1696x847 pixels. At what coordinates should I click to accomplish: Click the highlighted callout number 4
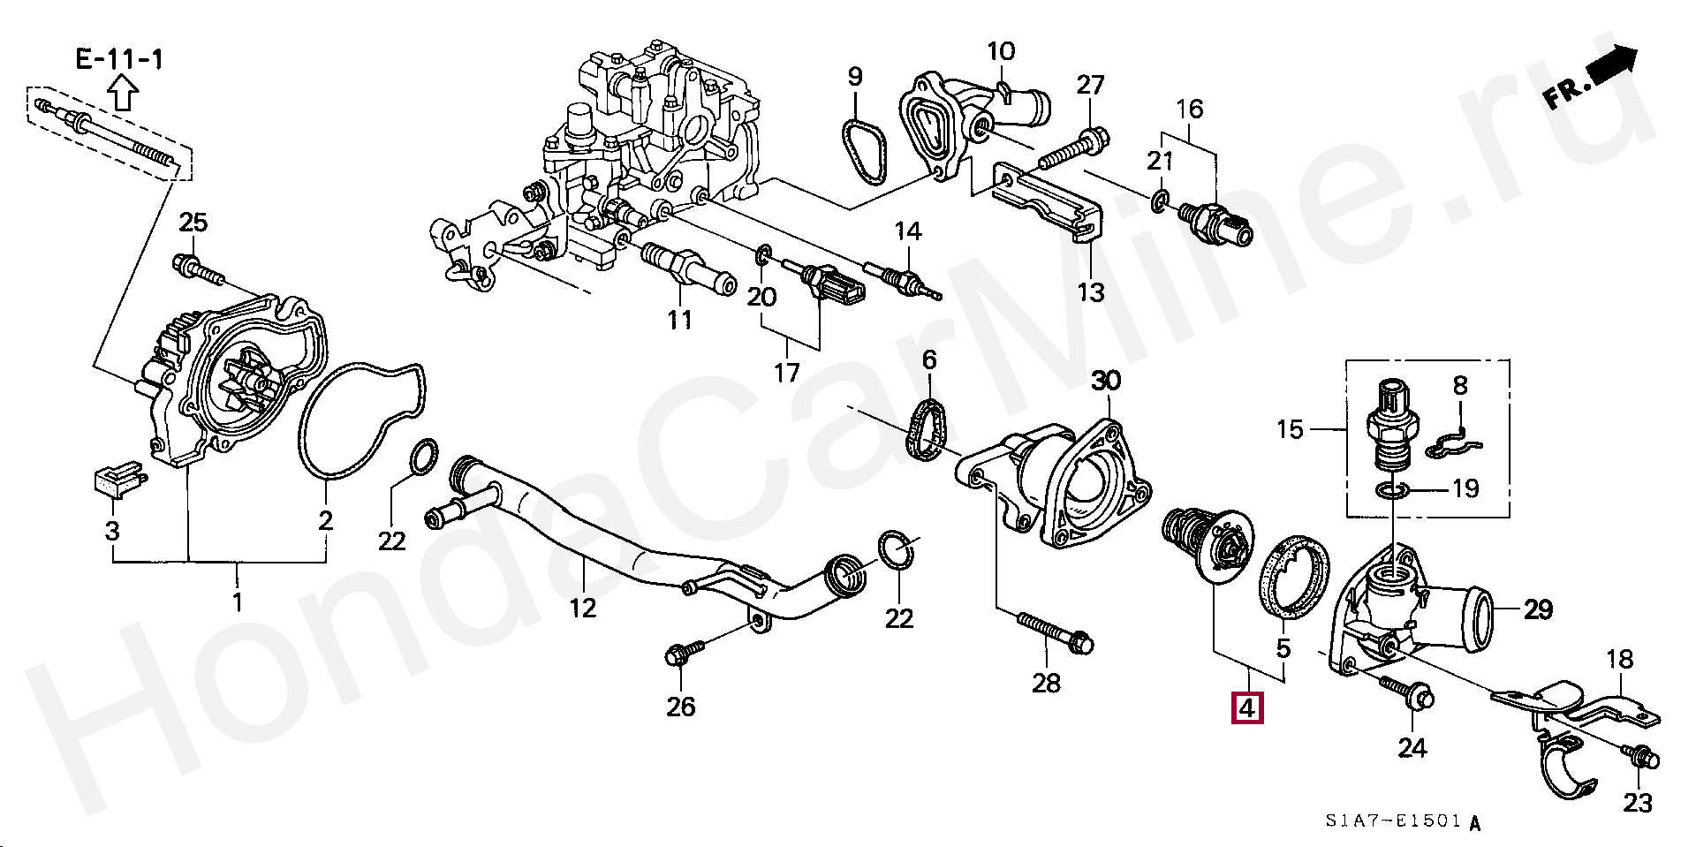(1246, 707)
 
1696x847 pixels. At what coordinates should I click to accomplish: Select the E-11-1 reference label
(119, 59)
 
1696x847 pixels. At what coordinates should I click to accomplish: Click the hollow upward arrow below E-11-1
(122, 91)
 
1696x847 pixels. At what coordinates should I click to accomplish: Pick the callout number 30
(1105, 381)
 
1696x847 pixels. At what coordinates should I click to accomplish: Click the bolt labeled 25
(200, 268)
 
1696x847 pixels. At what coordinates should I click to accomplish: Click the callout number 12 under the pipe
(583, 608)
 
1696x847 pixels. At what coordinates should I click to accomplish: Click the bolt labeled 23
(1641, 757)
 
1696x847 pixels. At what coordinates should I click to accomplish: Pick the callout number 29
(1538, 609)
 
